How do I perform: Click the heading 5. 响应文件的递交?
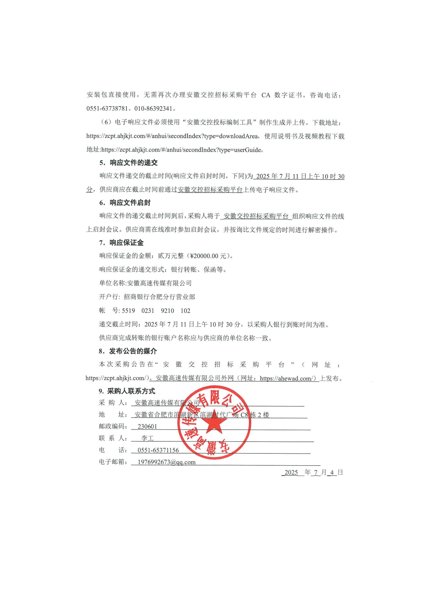click(128, 163)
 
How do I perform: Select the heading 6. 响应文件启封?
click(125, 203)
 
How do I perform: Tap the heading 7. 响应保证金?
click(121, 243)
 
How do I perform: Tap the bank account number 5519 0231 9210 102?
click(156, 311)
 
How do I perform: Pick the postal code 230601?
click(147, 426)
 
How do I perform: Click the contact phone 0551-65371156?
click(158, 450)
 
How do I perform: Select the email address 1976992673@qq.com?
click(167, 462)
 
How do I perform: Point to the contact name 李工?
click(147, 438)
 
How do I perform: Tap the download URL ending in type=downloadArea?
click(172, 136)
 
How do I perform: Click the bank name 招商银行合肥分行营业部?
click(159, 297)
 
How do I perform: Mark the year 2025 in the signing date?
click(291, 472)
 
